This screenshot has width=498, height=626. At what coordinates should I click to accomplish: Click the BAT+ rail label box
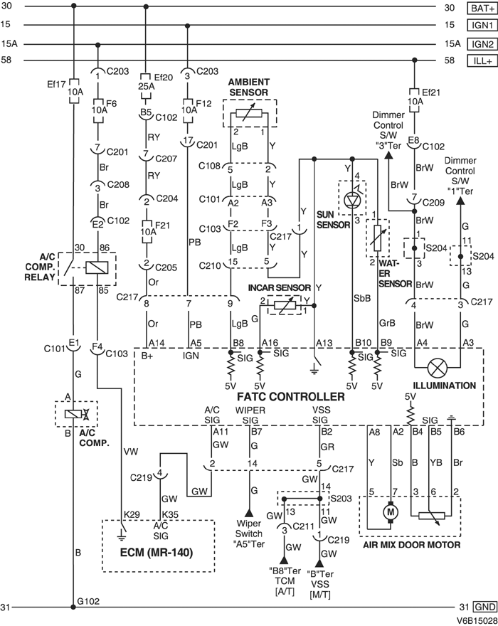coord(480,8)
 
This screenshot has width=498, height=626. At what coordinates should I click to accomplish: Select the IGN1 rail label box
coord(480,26)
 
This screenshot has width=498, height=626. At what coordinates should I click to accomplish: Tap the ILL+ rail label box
coord(480,60)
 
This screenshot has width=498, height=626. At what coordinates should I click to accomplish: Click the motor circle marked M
coord(389,511)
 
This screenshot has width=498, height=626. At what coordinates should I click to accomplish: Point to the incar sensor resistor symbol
coord(284,304)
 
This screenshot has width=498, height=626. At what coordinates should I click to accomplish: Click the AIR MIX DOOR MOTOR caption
coord(412,545)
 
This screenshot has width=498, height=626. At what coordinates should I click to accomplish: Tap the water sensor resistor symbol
coord(377,238)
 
